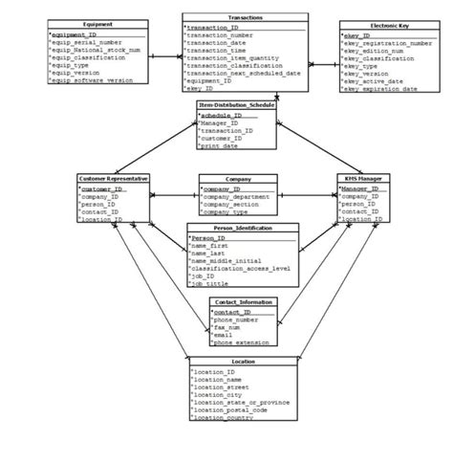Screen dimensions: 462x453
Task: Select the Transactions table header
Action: pos(245,17)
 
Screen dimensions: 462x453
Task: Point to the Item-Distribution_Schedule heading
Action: pos(236,104)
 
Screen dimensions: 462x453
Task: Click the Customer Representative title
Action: pos(114,179)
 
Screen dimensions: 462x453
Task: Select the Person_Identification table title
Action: pos(244,228)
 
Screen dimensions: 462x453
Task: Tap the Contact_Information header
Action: pos(244,302)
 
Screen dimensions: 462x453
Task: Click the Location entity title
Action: pos(243,362)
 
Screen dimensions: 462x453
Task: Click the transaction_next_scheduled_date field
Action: pos(245,73)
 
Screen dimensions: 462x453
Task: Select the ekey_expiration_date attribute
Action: pos(380,88)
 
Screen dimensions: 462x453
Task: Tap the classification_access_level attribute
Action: pos(241,269)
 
